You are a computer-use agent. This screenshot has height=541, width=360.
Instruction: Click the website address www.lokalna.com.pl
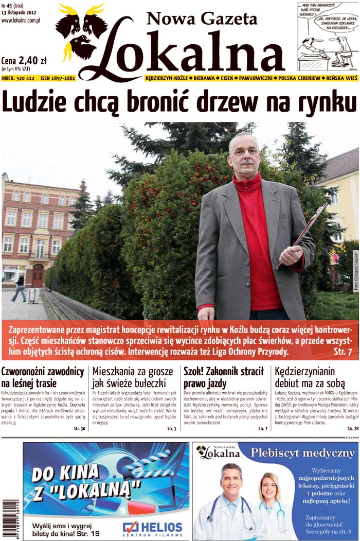[x=21, y=21]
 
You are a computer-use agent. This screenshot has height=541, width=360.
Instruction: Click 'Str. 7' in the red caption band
[x=343, y=352]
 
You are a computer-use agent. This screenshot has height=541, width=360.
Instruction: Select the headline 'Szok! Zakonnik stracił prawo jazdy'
[x=224, y=377]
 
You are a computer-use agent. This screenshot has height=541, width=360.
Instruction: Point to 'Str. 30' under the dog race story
[x=79, y=428]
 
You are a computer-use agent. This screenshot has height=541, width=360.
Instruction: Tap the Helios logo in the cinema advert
[x=152, y=527]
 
